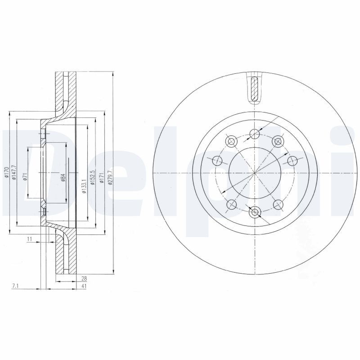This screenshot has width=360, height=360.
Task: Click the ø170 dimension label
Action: (x=6, y=173)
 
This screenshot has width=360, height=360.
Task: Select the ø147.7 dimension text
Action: (x=15, y=173)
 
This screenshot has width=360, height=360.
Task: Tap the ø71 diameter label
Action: (x=26, y=176)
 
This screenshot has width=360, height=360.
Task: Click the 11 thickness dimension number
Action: (x=29, y=239)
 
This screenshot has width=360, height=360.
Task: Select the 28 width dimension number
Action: (x=84, y=279)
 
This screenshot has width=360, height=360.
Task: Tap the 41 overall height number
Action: (x=84, y=286)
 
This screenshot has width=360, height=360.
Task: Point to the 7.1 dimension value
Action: (x=16, y=286)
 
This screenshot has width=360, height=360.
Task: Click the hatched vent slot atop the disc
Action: (x=254, y=89)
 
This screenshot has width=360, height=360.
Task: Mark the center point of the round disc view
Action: (x=254, y=173)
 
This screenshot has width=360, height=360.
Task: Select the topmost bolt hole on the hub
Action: (x=254, y=133)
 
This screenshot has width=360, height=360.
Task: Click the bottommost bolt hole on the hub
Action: (x=254, y=212)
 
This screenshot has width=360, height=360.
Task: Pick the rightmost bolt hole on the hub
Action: (x=292, y=160)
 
